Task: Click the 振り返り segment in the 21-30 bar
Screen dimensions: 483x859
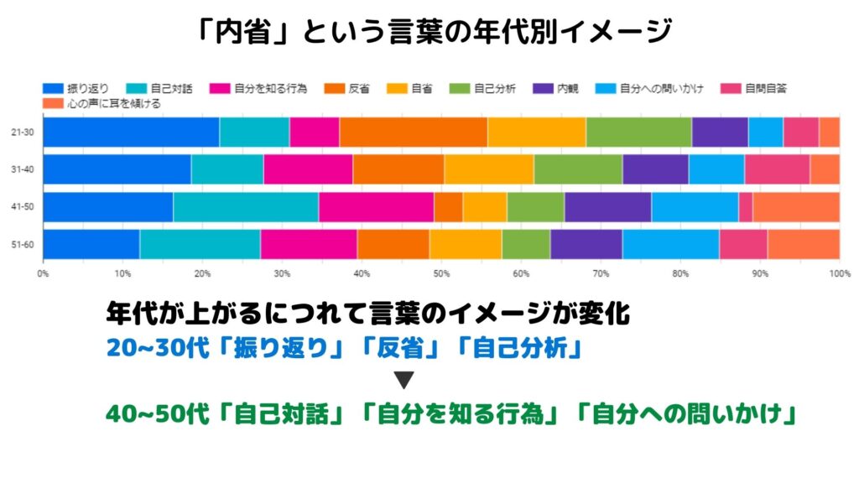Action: click(x=131, y=132)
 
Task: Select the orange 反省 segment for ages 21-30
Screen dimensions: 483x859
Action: click(x=414, y=132)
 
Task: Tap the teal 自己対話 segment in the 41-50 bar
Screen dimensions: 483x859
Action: click(x=246, y=207)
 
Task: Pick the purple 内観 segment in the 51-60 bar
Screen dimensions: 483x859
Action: click(x=586, y=244)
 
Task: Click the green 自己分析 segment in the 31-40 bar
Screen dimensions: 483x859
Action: click(x=578, y=169)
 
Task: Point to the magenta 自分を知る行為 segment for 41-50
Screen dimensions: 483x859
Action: click(x=376, y=207)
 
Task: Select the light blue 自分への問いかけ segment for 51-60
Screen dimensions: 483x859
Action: click(x=670, y=244)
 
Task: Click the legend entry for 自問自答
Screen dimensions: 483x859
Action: click(x=764, y=87)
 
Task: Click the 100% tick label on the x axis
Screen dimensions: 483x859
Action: click(x=837, y=273)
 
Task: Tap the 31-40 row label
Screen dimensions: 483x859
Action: click(x=23, y=169)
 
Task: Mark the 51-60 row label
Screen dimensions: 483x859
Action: click(x=23, y=244)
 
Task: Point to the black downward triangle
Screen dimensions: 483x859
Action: click(x=404, y=380)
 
